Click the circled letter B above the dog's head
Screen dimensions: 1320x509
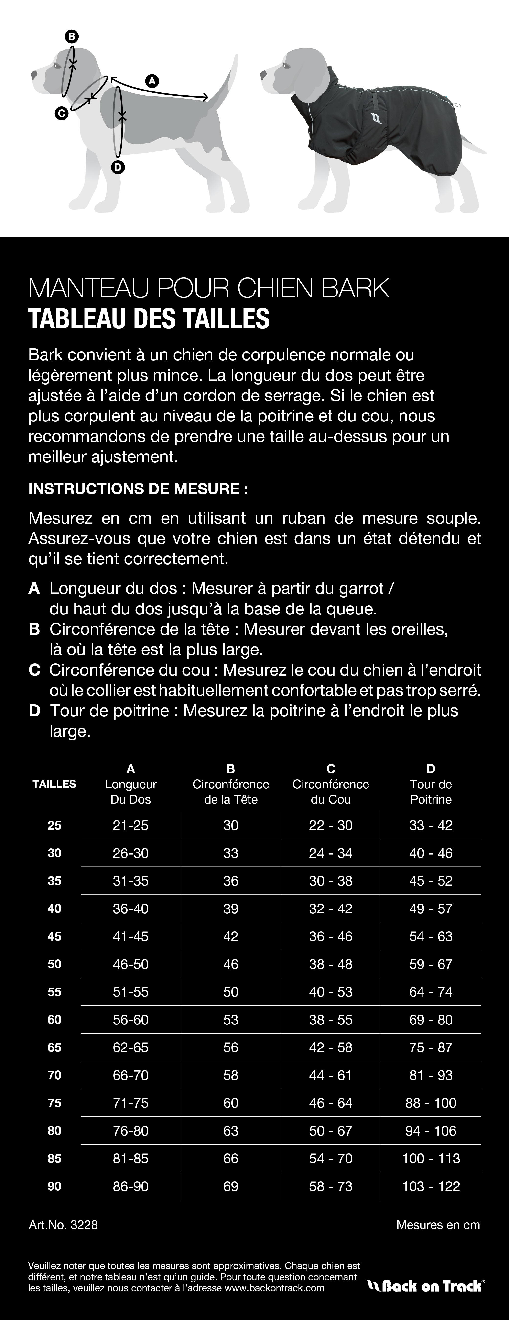(x=72, y=36)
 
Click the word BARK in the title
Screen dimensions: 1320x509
(x=356, y=288)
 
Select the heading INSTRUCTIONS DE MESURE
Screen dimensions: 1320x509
(x=138, y=488)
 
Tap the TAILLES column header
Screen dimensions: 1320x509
(x=54, y=784)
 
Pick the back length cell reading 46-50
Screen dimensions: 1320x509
(x=130, y=964)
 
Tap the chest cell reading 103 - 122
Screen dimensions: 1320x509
(x=431, y=1186)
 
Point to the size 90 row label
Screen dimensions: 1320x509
(x=54, y=1186)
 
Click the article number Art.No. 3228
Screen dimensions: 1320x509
(x=63, y=1225)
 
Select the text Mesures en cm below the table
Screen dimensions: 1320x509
(x=438, y=1225)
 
